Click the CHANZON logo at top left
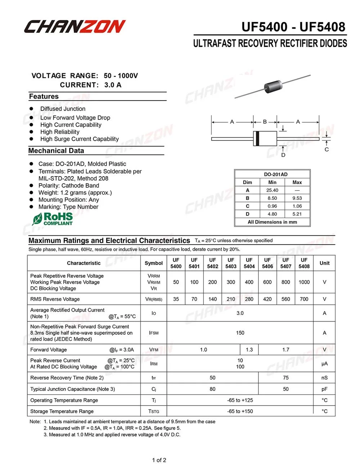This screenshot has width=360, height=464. [x=75, y=27]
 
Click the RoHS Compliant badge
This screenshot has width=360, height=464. [x=53, y=219]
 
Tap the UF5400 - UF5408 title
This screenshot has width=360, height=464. [x=293, y=27]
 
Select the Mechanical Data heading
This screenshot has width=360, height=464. [x=56, y=151]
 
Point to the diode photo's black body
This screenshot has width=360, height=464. [x=273, y=86]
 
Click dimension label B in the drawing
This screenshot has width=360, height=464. [x=265, y=122]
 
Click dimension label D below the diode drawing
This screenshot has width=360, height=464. [x=283, y=155]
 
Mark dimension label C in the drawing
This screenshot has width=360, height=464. [x=327, y=150]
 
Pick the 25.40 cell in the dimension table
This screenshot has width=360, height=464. [x=272, y=190]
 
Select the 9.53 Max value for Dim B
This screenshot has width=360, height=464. [x=297, y=198]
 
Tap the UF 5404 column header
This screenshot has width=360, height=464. [x=249, y=263]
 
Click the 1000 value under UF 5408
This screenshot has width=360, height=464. [x=304, y=282]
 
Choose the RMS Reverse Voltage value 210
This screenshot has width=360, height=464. [x=231, y=299]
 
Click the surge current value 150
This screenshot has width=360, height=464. [x=240, y=333]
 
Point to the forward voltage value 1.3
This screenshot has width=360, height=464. [x=249, y=349]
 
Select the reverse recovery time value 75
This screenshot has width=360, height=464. [x=285, y=378]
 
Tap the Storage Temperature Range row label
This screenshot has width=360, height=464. [x=62, y=411]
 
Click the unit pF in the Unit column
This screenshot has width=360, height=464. [x=324, y=389]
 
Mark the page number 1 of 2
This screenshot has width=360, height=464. [x=159, y=460]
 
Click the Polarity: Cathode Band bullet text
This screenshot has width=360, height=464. [x=68, y=186]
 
